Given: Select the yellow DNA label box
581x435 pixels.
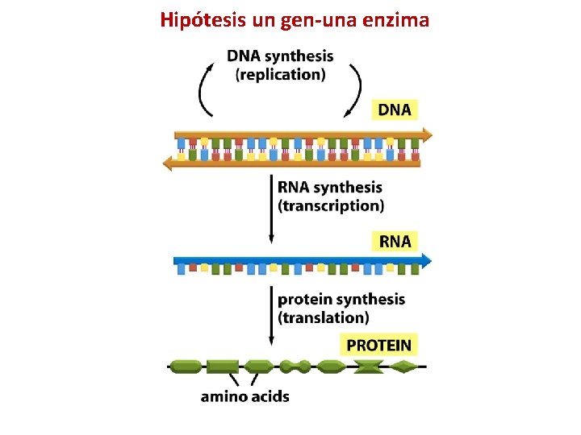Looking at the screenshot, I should [x=395, y=110].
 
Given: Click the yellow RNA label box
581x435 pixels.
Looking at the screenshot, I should [x=395, y=241].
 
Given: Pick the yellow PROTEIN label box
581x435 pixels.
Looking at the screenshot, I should [x=378, y=346].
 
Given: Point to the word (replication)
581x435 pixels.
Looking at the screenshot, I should [x=281, y=75].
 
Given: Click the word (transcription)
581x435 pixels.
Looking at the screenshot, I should [x=331, y=205].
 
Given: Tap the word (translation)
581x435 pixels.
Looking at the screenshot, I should [x=324, y=317].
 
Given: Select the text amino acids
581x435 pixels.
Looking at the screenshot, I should [x=245, y=396].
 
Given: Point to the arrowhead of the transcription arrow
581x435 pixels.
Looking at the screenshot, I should [x=271, y=239].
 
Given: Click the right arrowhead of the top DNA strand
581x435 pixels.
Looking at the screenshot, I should [x=425, y=135].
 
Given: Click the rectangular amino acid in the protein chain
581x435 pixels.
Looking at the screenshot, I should [x=222, y=367].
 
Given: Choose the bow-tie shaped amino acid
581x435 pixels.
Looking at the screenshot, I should [x=369, y=367].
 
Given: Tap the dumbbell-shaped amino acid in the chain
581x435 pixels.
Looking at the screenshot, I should [x=295, y=367].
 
